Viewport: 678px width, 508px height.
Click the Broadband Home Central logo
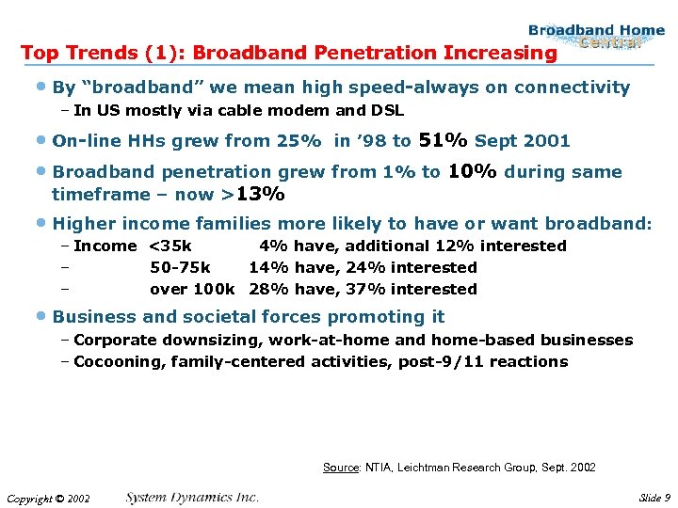(x=596, y=36)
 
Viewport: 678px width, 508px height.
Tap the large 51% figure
(x=443, y=140)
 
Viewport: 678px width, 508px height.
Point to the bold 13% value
(x=261, y=194)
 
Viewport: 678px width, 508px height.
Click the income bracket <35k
(x=170, y=246)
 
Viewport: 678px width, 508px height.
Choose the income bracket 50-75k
(x=180, y=267)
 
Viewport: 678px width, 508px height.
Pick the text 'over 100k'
(x=192, y=289)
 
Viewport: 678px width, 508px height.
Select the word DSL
(x=387, y=110)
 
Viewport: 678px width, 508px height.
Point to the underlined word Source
(x=342, y=468)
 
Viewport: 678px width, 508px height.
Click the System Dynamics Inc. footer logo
(x=192, y=497)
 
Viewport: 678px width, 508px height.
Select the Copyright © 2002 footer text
(x=48, y=498)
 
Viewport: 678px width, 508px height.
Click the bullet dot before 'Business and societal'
(x=44, y=318)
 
